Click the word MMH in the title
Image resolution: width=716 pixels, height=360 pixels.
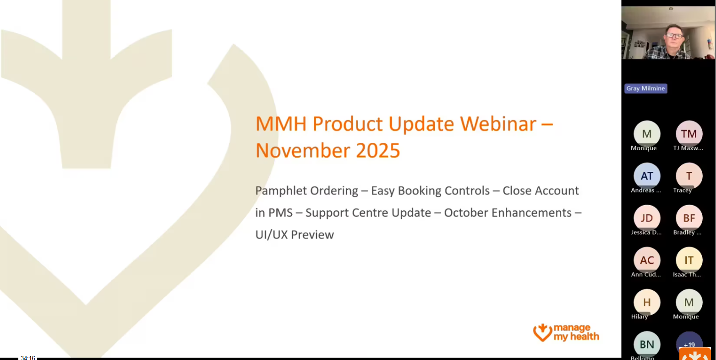[x=280, y=124]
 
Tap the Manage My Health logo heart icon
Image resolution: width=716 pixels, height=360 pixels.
[x=542, y=333]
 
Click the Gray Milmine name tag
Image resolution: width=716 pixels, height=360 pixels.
[x=645, y=88]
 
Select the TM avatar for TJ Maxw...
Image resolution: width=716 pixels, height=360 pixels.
[x=689, y=133]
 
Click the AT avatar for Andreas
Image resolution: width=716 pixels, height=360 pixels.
[x=647, y=175]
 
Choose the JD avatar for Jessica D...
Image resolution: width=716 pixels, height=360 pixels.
[x=647, y=218]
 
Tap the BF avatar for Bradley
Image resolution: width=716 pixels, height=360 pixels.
[x=689, y=218]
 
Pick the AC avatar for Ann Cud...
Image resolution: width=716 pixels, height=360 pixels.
[x=647, y=260]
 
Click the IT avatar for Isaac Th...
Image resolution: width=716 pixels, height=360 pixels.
[x=689, y=260]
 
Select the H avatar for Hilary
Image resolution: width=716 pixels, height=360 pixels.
[x=647, y=302]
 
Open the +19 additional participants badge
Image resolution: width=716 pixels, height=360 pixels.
[x=689, y=344]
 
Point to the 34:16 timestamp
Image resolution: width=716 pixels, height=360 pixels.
[x=28, y=358]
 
